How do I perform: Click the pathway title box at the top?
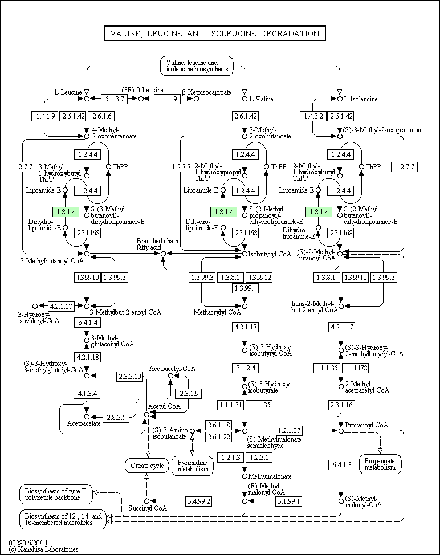(x=215, y=34)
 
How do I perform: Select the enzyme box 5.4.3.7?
(x=113, y=99)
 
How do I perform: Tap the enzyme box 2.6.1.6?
(x=100, y=116)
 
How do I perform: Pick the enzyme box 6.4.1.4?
(x=87, y=323)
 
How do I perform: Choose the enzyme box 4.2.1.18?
(x=87, y=357)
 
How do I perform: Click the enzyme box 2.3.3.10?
(x=129, y=376)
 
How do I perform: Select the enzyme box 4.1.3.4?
(x=87, y=394)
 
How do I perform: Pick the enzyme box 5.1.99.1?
(x=289, y=501)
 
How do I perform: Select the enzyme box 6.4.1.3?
(x=341, y=465)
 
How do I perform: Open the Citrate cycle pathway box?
(x=146, y=466)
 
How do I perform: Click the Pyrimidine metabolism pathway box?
(x=192, y=465)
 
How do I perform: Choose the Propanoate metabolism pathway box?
(x=380, y=464)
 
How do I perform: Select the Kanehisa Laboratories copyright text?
(x=43, y=549)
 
